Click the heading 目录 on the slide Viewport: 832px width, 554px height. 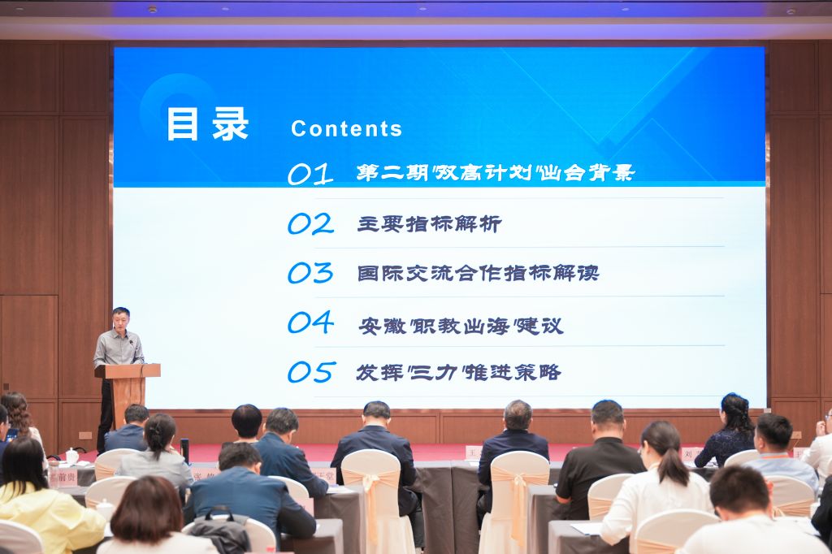(x=207, y=125)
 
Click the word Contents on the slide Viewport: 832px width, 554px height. (x=346, y=128)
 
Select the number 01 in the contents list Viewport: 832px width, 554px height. (x=310, y=174)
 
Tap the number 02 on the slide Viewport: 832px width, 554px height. (x=310, y=223)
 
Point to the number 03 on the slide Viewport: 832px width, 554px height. (x=310, y=273)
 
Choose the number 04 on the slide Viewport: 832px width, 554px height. (x=310, y=322)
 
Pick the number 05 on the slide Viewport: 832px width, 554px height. (x=310, y=372)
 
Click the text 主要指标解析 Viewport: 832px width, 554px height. (x=429, y=223)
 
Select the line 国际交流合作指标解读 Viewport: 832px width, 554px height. (x=478, y=273)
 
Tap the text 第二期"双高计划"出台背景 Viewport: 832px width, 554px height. (x=495, y=173)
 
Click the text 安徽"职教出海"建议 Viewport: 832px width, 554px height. (x=460, y=326)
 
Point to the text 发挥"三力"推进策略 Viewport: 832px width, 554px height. (x=458, y=373)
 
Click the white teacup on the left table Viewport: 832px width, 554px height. (x=71, y=457)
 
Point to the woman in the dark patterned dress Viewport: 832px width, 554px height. (x=729, y=435)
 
